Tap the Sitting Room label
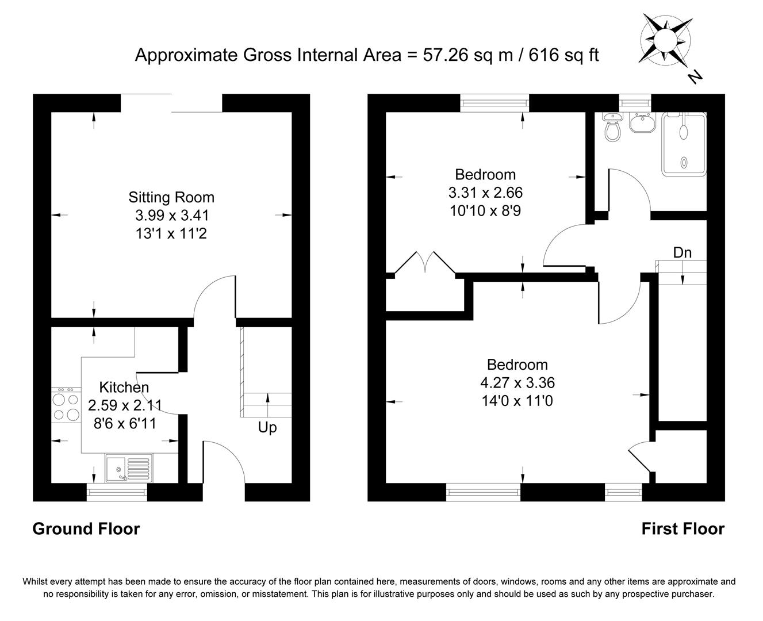(171, 197)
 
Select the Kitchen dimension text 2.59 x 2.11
(125, 406)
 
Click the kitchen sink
(128, 467)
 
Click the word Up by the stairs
(267, 428)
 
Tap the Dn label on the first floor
(682, 252)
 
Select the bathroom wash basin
(640, 122)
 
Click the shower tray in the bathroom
(684, 144)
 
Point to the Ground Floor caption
(86, 529)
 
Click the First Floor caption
(683, 529)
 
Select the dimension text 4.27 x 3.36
(517, 382)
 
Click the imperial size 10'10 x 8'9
(485, 210)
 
